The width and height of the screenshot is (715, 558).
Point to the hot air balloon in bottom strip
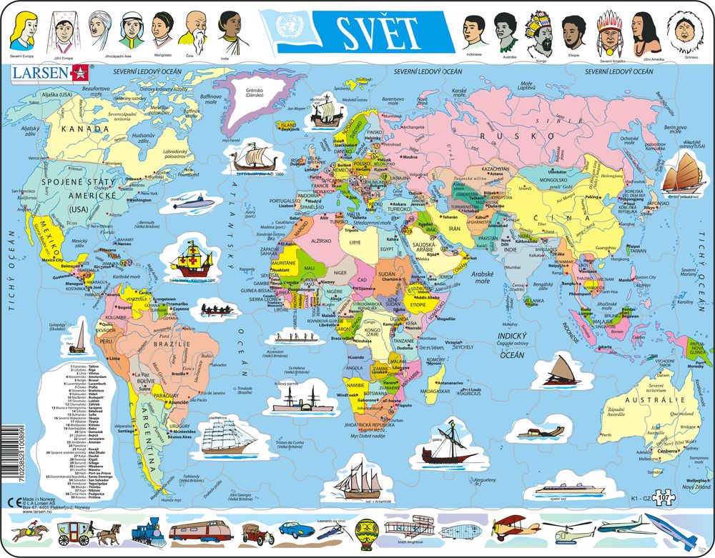pyautogui.click(x=363, y=532)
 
